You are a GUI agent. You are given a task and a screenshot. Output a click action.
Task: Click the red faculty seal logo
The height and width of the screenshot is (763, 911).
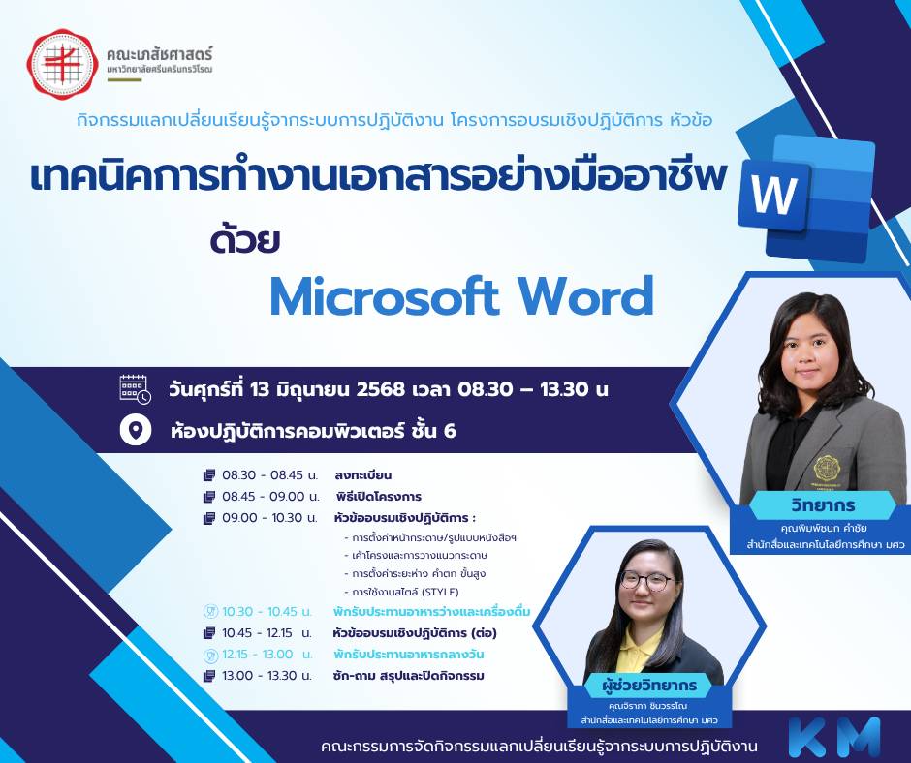click(x=63, y=64)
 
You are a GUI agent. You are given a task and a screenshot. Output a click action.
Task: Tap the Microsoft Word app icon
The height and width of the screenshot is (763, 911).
click(x=805, y=198)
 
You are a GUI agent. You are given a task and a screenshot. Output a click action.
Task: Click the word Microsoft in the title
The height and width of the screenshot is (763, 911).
click(x=385, y=296)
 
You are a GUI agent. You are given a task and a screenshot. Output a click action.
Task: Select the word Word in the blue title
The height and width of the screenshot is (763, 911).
click(x=586, y=296)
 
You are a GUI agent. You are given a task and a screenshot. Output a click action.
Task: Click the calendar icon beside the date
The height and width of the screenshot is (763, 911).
click(x=135, y=389)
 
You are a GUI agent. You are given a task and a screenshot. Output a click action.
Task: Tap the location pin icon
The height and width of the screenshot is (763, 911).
click(x=136, y=430)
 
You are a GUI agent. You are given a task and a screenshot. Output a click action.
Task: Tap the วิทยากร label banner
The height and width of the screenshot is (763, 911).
click(x=823, y=505)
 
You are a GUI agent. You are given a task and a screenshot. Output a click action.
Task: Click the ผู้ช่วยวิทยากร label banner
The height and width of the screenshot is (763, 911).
click(x=648, y=686)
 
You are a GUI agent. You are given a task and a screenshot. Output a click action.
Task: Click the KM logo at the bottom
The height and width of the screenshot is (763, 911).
click(x=834, y=737)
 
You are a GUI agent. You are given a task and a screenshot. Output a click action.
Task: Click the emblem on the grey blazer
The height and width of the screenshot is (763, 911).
click(x=827, y=468)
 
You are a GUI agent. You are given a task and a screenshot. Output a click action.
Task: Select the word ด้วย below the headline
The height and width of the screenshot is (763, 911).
click(x=245, y=240)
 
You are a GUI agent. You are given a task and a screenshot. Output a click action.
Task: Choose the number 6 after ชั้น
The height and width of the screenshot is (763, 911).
click(x=449, y=431)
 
